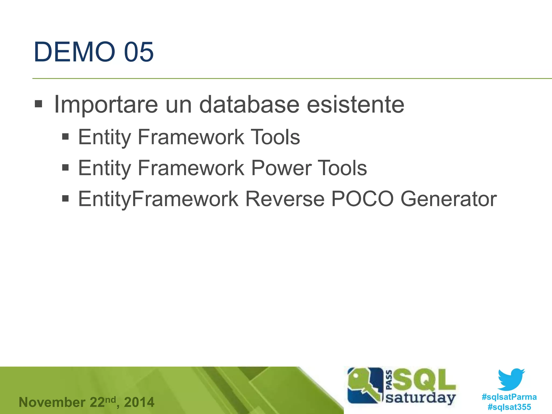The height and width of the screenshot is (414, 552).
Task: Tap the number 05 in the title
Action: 139,52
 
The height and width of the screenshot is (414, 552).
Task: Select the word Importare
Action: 106,105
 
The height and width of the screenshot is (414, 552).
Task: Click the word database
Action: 249,105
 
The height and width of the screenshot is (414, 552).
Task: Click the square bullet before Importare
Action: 39,104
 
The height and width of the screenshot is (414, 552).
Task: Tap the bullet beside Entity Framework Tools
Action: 65,137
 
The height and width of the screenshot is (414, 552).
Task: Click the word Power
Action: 281,168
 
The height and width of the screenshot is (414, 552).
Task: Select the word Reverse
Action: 285,199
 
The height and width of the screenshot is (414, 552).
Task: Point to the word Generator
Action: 448,199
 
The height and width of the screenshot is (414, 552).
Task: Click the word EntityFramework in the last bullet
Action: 158,199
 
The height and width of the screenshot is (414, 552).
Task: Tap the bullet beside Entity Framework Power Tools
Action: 65,168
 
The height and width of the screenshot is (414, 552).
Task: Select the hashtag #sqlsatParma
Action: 509,397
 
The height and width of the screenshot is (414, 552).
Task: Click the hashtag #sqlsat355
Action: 509,407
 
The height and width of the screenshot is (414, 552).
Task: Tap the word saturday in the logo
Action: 420,398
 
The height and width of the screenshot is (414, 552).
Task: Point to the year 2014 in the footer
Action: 139,402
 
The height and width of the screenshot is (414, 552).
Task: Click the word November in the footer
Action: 52,402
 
